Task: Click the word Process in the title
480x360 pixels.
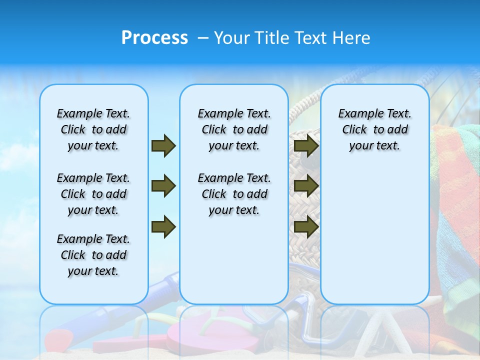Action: coord(154,38)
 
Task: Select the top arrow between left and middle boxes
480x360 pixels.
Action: coord(163,145)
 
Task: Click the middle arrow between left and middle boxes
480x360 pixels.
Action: coord(163,186)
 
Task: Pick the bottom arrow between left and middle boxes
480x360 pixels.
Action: coord(163,227)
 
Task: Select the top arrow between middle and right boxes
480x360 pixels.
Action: coord(306,145)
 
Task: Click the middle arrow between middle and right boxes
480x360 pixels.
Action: coord(306,186)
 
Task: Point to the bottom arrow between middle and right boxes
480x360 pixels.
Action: coord(306,227)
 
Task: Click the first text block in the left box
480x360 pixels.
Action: coord(93,129)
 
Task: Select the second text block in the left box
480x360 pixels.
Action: coord(93,194)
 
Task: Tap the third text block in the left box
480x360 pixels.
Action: coord(93,255)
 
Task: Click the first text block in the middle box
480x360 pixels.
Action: coord(234,129)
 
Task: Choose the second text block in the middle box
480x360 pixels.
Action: coord(234,194)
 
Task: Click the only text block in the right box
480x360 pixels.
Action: coord(375,129)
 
